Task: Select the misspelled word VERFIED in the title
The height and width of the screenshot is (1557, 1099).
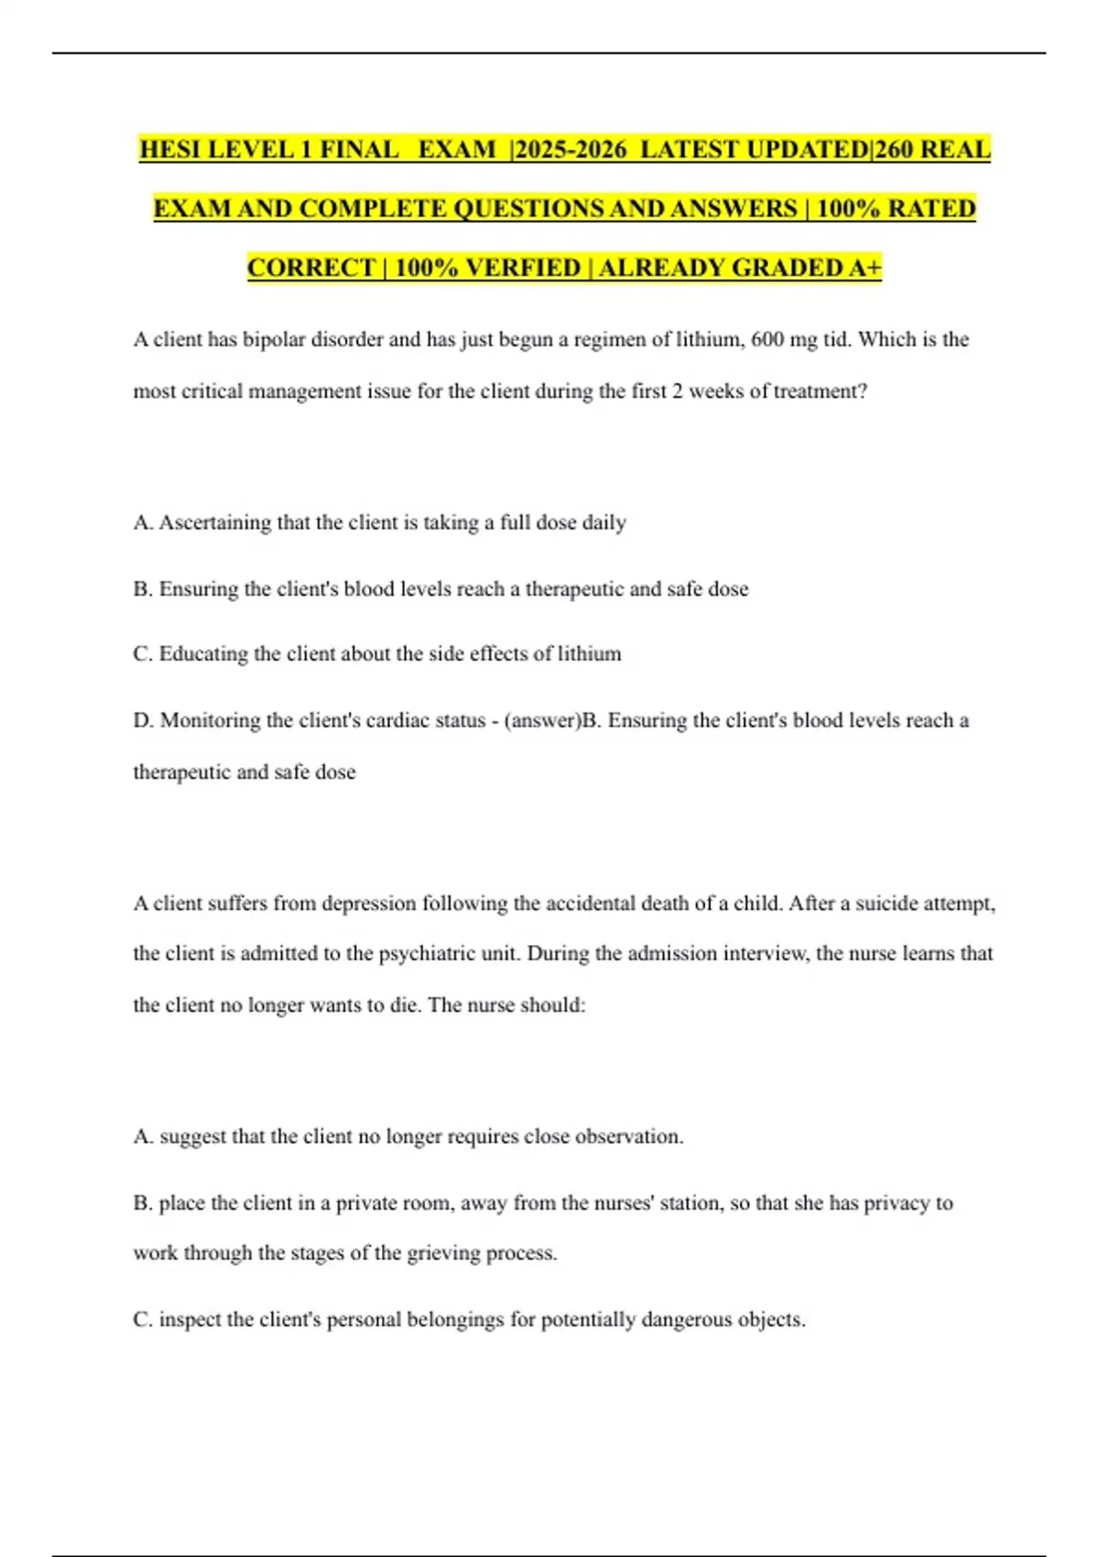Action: pos(523,267)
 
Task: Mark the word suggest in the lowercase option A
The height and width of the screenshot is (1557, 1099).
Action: pos(191,1138)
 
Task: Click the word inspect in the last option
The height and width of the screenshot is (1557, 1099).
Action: pos(190,1320)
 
